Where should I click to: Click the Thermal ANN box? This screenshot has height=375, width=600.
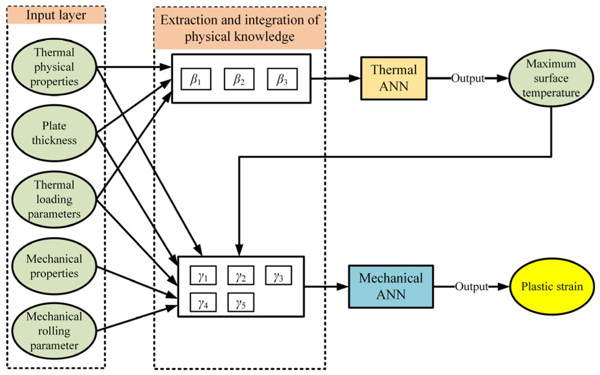point(394,78)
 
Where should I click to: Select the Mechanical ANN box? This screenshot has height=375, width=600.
point(391,286)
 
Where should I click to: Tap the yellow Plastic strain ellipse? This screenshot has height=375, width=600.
point(552,286)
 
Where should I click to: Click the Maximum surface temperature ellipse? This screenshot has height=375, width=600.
point(551,78)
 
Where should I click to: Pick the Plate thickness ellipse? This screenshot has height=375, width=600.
point(54,133)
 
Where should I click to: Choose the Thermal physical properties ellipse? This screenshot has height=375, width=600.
point(54,67)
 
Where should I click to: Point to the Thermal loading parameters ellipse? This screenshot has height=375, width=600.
point(54,199)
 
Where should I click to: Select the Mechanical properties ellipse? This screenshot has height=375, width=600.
point(54,266)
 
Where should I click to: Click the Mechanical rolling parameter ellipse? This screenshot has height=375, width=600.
point(54,331)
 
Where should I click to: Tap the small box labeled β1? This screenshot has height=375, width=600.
point(196,79)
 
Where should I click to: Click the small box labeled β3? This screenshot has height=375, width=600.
point(282,79)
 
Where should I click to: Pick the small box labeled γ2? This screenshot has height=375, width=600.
point(241,275)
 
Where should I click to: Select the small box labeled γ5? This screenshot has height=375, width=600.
point(241,302)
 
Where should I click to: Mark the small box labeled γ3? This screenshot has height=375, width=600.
point(278,275)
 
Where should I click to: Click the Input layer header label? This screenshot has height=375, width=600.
point(56,15)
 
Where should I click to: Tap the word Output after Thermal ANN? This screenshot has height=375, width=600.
point(467,78)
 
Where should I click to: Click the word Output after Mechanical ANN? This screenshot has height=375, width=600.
point(471,286)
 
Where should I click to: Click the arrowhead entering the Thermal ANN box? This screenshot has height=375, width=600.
point(355,78)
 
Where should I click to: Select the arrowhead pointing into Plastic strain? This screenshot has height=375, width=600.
point(503,286)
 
